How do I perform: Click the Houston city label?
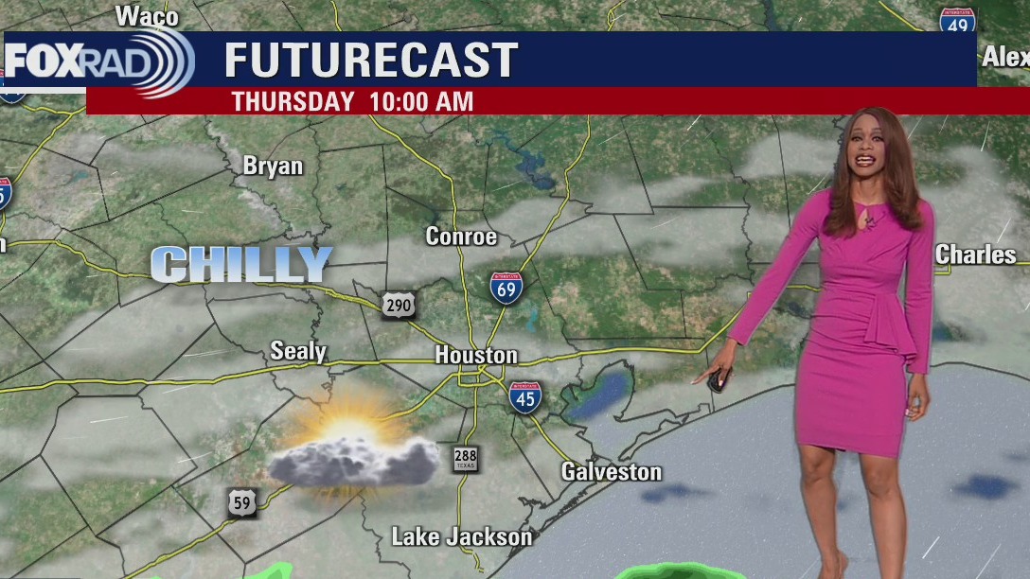tap(476, 356)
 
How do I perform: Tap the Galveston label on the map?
tap(611, 471)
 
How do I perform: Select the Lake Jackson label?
tap(462, 537)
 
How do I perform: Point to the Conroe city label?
tap(461, 237)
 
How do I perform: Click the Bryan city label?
tap(273, 167)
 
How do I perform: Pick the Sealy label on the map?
tap(298, 352)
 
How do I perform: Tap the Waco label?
tap(147, 16)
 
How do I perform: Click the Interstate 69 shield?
tap(507, 286)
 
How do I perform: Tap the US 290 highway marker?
tap(399, 305)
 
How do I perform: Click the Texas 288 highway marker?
tap(465, 459)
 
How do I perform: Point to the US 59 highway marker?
tap(241, 502)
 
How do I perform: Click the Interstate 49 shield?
tap(957, 22)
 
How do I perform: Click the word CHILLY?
tap(241, 265)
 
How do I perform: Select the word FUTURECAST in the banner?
tap(370, 61)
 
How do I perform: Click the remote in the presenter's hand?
tap(716, 381)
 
